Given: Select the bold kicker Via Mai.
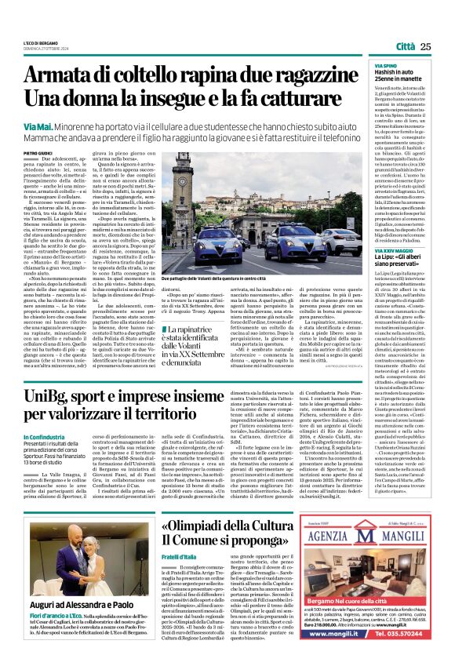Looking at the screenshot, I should click(35, 126).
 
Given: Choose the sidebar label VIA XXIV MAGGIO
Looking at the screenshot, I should click(395, 249).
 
